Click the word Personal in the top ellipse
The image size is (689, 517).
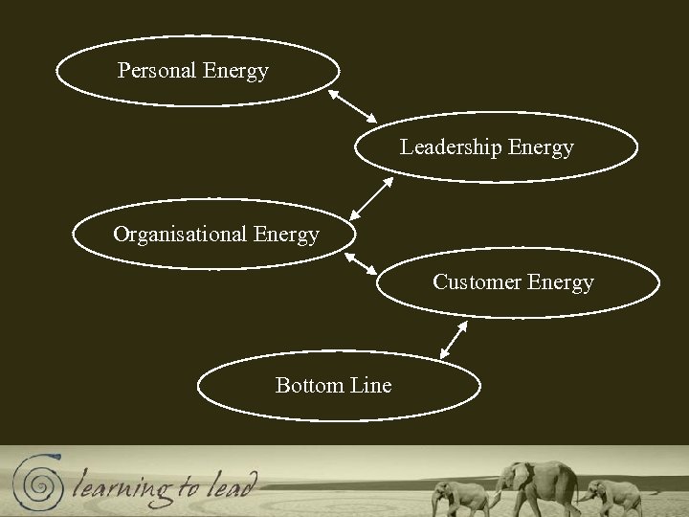pos(156,71)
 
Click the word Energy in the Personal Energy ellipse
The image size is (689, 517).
pos(236,71)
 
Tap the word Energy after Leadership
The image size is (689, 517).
pos(542,147)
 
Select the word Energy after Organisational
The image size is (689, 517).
pos(287,235)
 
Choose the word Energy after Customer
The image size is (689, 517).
pos(560,282)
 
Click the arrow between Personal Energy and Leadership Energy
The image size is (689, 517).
pos(352,106)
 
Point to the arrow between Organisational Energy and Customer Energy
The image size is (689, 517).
pos(360,264)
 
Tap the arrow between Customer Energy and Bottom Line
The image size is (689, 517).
pos(454,339)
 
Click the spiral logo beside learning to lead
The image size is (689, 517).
pos(38,482)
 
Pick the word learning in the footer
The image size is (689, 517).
pos(120,485)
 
